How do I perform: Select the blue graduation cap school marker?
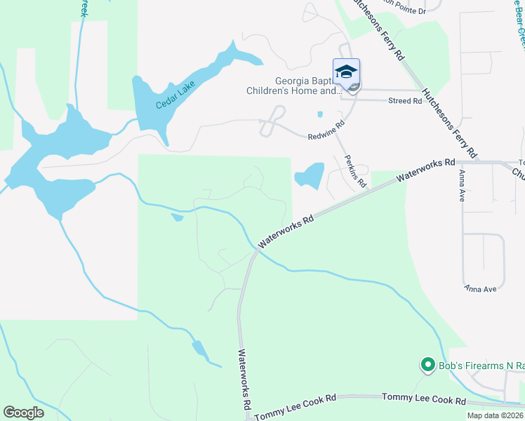[346, 72]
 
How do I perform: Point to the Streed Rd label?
[405, 101]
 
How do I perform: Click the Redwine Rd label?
[326, 131]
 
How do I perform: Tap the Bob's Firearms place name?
[481, 365]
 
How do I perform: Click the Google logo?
[24, 413]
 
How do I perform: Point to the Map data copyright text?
[494, 415]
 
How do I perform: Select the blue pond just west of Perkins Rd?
[310, 175]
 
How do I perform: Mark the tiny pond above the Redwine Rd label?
[320, 114]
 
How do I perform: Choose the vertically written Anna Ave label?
[462, 185]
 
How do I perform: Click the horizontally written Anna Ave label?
[480, 288]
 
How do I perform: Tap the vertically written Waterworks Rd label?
[244, 379]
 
